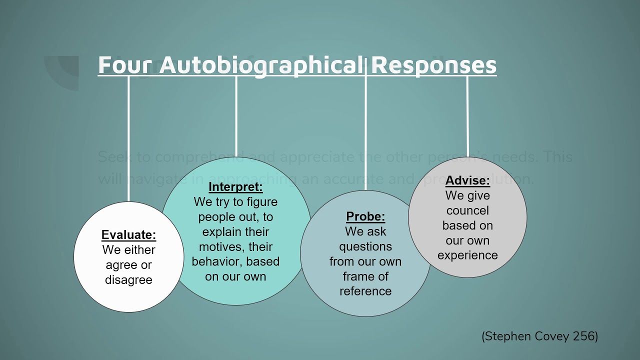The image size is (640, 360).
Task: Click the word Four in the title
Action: point(126,65)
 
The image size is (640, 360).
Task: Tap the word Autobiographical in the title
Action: point(262,65)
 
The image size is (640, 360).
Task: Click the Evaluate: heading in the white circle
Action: point(128,235)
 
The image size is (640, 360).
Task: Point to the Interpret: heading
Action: point(235,187)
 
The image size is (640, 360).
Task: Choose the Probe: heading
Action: point(365,216)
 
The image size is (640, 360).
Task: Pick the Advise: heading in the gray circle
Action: point(467,180)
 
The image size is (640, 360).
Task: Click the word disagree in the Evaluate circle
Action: point(128,280)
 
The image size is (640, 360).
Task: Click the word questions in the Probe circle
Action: point(365,246)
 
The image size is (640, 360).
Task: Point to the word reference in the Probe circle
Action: point(365,291)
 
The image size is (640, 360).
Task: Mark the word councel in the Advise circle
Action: point(467,210)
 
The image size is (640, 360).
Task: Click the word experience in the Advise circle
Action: point(467,255)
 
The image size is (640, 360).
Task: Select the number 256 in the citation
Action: point(584,336)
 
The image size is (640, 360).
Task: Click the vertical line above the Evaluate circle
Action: point(129,140)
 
